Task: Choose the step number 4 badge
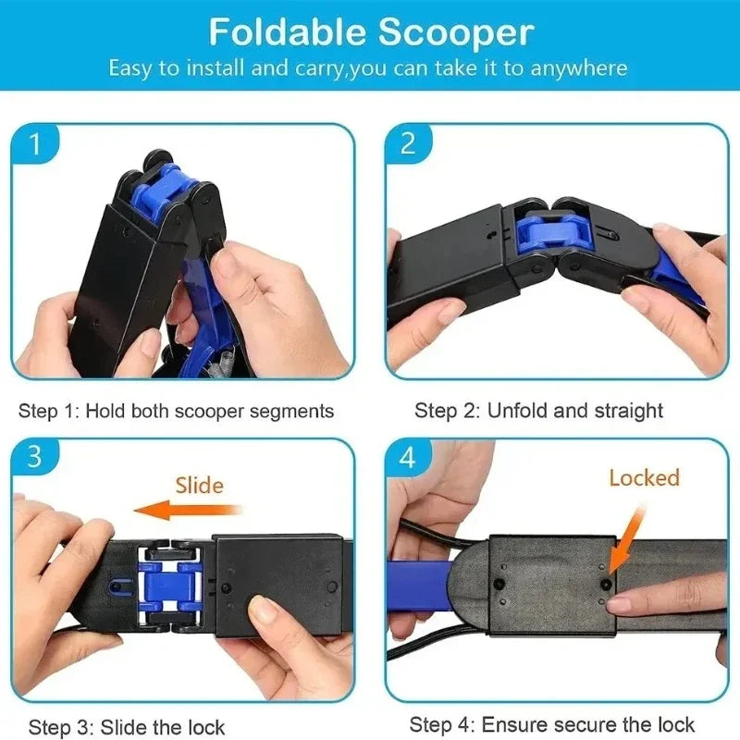tap(408, 457)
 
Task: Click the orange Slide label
tap(199, 484)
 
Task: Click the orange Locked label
tap(644, 477)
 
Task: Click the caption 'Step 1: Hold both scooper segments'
tap(176, 411)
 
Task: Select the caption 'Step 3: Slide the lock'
tap(127, 727)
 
